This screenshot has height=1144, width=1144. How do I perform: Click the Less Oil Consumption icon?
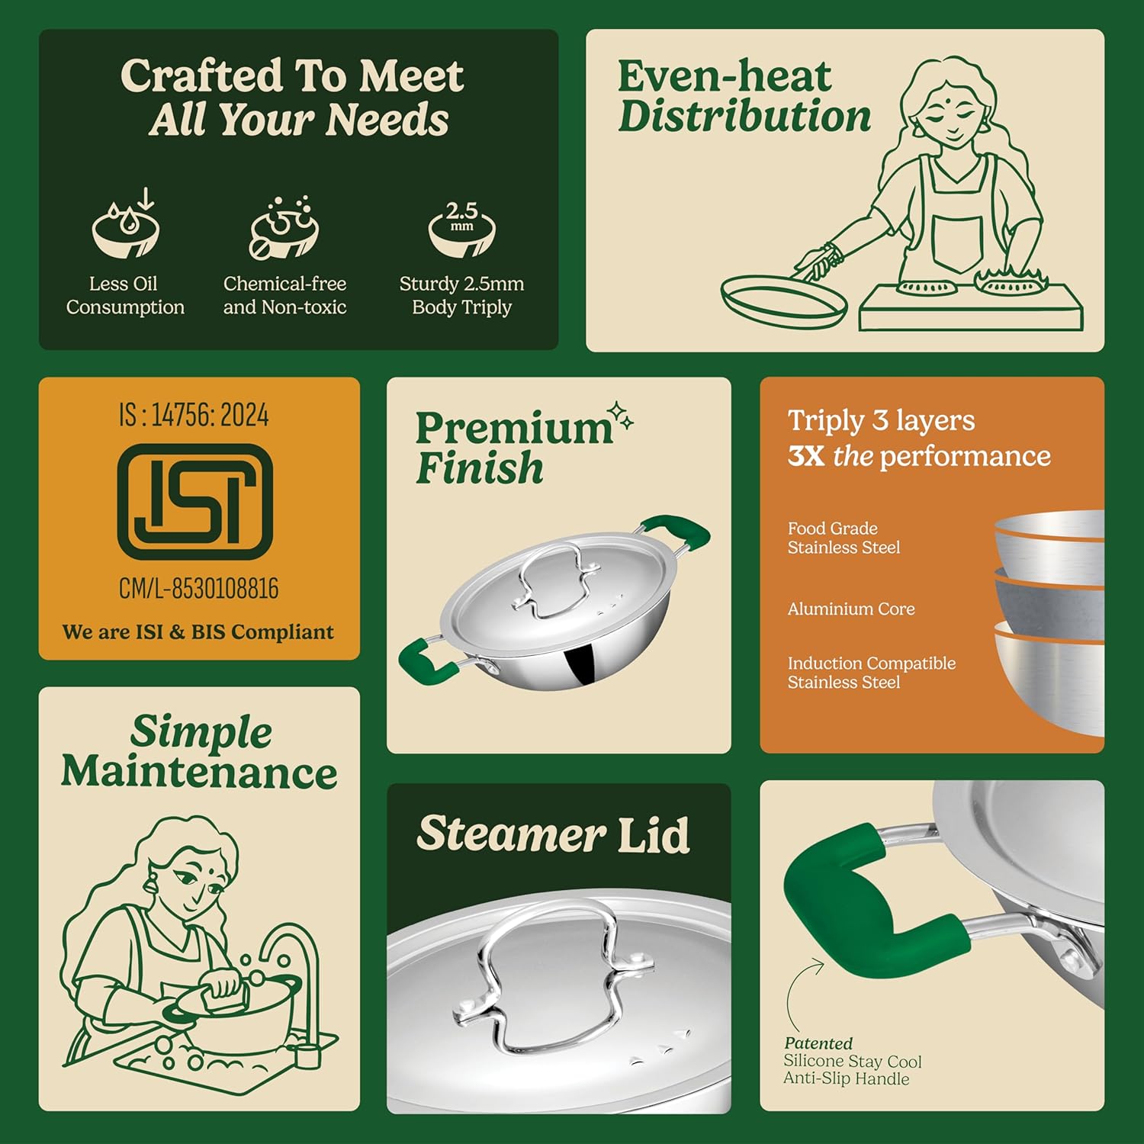pos(126,224)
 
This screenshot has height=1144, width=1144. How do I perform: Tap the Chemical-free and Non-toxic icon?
pos(284,227)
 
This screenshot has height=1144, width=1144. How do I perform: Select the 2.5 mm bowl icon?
pos(462,228)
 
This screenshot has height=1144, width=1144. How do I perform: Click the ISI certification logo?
pos(195,502)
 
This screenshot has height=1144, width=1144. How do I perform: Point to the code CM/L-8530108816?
pos(199,589)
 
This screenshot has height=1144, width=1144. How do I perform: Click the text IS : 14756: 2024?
pos(194,416)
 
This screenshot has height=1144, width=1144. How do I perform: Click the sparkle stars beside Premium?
pos(621,416)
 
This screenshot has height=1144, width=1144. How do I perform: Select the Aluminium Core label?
pos(851,609)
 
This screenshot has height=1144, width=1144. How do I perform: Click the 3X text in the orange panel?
pos(806,456)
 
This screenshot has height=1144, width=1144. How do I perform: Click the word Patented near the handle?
pos(818,1043)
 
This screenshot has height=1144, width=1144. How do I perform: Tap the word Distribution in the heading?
pos(744,116)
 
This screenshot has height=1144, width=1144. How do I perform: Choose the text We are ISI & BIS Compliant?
pos(198,632)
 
